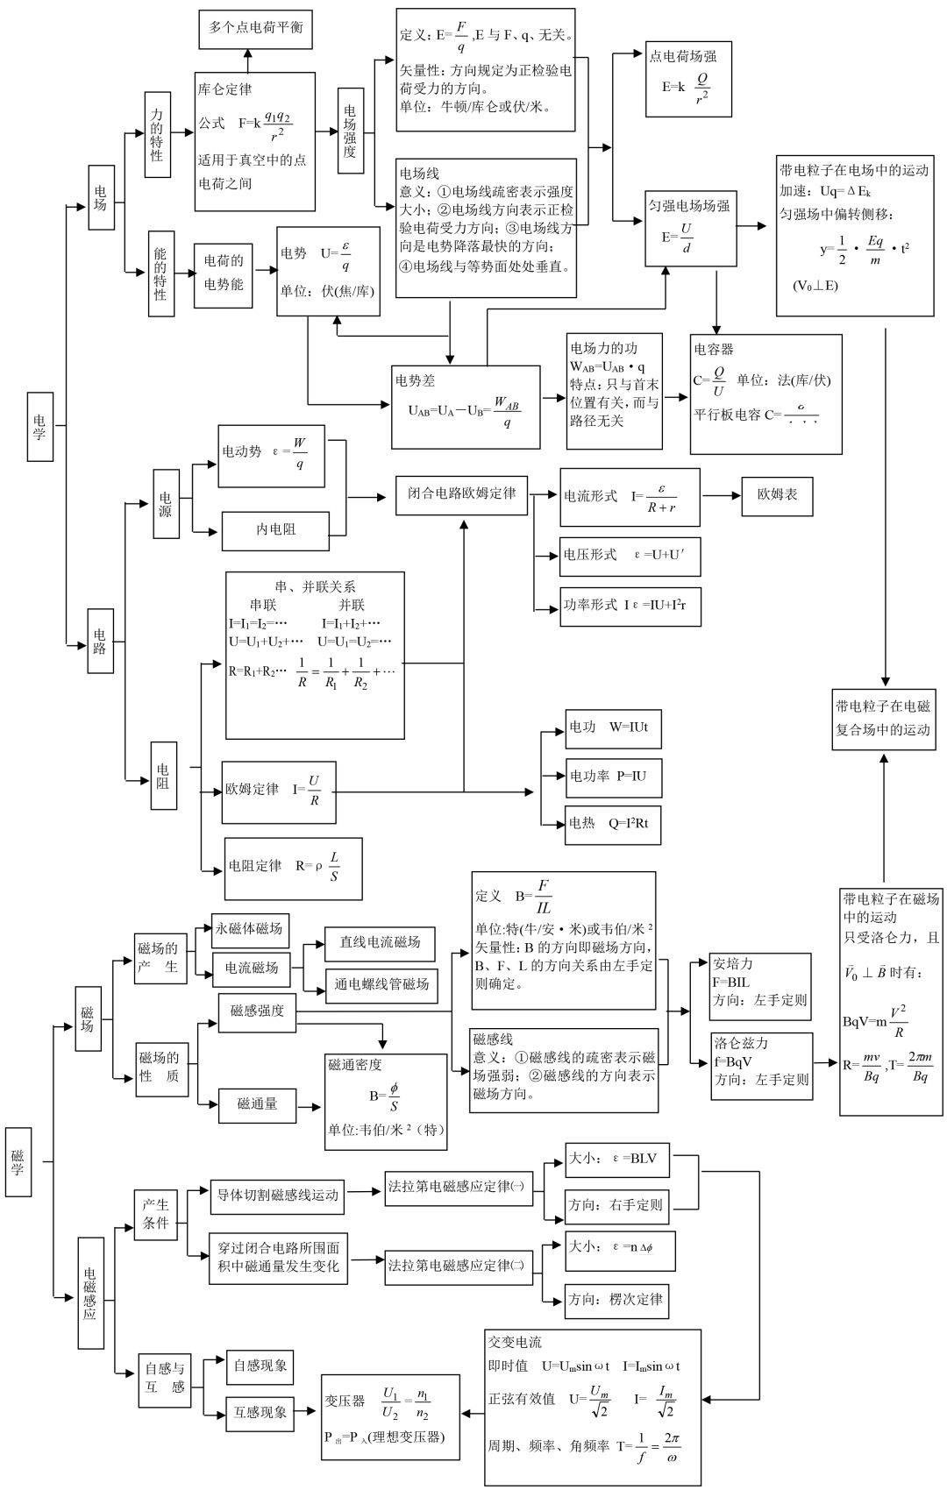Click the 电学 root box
point(39,426)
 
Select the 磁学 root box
point(18,1161)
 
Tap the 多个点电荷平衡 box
point(256,28)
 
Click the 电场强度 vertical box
point(351,130)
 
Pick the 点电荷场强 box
point(688,79)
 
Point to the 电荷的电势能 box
point(224,273)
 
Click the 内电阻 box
point(275,530)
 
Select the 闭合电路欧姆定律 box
point(461,494)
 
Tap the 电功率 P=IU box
point(608,777)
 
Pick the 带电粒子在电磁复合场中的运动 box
point(883,718)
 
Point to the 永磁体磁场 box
point(250,929)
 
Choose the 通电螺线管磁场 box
point(381,984)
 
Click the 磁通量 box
point(257,1105)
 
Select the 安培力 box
point(759,985)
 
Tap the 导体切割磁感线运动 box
point(276,1196)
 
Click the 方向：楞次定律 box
point(616,1300)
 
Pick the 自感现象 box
point(259,1366)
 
